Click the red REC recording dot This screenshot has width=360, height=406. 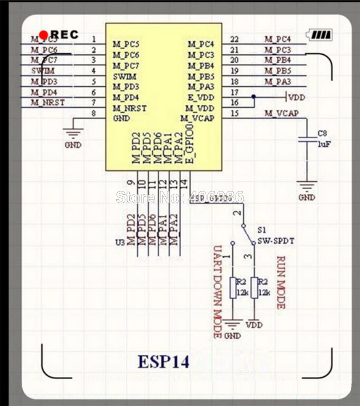click(44, 35)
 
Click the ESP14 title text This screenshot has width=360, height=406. click(164, 362)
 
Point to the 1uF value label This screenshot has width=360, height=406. click(324, 144)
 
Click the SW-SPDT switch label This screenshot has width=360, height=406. click(276, 241)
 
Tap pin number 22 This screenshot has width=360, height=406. click(234, 39)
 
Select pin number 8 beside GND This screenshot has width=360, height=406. click(94, 114)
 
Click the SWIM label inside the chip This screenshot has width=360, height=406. click(124, 76)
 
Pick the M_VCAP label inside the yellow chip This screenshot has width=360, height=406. click(197, 118)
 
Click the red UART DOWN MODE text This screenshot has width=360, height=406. click(218, 292)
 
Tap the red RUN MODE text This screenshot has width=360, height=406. click(281, 282)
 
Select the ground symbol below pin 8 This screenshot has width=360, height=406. click(73, 132)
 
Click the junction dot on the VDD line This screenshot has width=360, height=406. click(253, 97)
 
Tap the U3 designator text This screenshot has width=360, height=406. click(120, 243)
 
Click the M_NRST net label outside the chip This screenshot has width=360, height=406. click(48, 103)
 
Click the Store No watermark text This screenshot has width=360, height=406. click(180, 197)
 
